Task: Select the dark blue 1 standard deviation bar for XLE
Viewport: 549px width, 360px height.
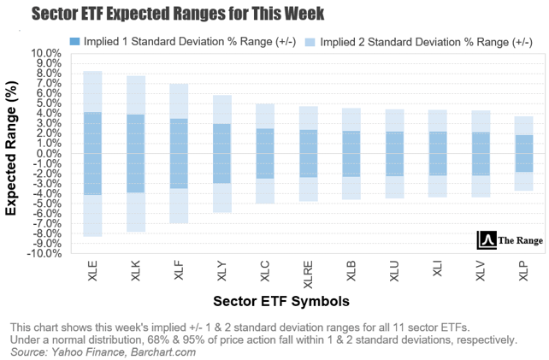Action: click(93, 154)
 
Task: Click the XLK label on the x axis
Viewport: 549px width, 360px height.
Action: click(136, 274)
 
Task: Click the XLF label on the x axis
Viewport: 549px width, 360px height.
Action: click(179, 274)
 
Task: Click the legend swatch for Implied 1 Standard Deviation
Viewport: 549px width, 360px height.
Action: click(75, 40)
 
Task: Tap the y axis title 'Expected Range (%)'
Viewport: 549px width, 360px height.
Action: click(15, 151)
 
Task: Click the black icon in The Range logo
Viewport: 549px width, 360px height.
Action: click(487, 240)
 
